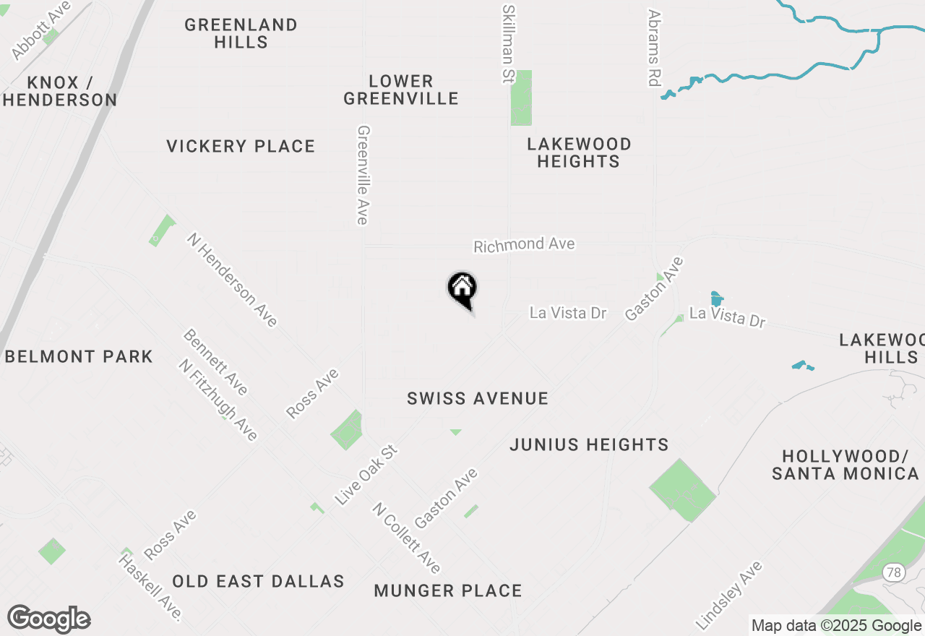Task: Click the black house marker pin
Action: tap(462, 290)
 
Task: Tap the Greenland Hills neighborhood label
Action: tap(241, 33)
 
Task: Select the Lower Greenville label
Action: tap(401, 90)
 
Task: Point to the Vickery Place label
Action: tap(241, 146)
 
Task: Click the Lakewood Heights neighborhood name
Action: tap(579, 152)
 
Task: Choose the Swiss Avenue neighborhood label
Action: tap(478, 398)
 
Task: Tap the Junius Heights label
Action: tap(589, 444)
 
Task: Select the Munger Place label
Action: tap(448, 590)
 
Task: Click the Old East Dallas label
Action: tap(258, 581)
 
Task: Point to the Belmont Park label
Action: tap(79, 356)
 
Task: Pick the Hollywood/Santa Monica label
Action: tap(845, 465)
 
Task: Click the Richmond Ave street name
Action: tap(524, 245)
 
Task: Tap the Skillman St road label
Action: tap(508, 43)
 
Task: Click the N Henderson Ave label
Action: tap(232, 279)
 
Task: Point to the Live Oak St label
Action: tap(366, 475)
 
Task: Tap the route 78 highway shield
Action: tap(894, 572)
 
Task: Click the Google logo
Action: tap(48, 619)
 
